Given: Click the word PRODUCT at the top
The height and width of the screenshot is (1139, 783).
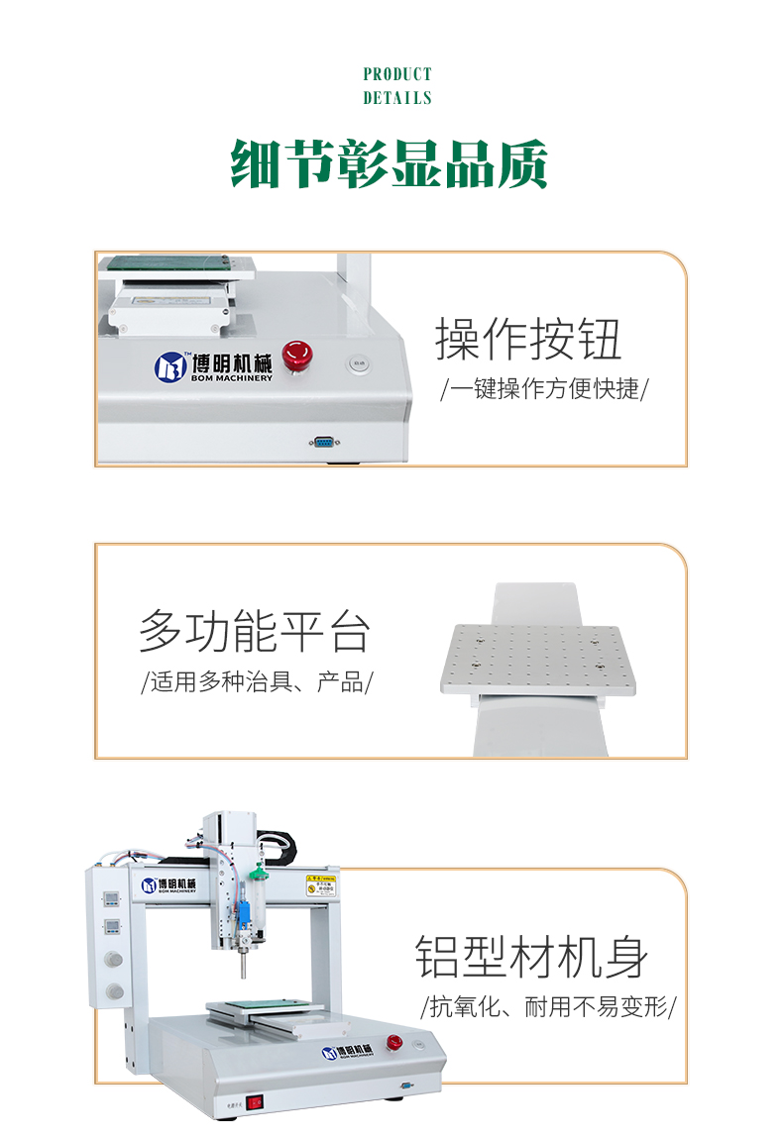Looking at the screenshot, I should [x=397, y=74].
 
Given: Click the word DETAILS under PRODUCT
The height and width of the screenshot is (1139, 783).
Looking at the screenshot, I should [x=397, y=98].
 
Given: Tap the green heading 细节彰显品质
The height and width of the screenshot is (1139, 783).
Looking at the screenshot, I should [x=390, y=162].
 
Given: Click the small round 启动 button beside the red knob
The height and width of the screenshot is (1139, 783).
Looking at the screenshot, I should [x=358, y=363].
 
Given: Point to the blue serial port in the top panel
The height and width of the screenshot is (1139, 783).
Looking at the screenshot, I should [x=323, y=443].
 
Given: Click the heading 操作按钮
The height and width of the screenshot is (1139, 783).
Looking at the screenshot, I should [x=528, y=339].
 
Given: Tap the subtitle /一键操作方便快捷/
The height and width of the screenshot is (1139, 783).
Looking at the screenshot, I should [x=544, y=388].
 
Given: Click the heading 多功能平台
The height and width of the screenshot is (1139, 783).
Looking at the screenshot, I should [x=254, y=631].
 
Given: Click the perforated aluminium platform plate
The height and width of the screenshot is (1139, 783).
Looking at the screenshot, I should [x=537, y=658].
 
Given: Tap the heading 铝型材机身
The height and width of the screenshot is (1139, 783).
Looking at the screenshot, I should [x=531, y=956].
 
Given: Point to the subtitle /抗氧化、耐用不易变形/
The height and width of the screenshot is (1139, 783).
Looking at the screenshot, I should [x=548, y=1008].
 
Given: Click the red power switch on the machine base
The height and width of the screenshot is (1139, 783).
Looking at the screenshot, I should [x=256, y=1100].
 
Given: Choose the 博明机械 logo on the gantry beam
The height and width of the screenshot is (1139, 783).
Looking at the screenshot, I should [x=169, y=884].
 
